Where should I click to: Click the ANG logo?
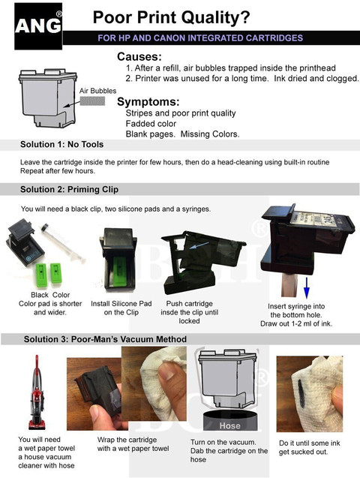tap(38, 26)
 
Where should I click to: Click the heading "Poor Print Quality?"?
tap(171, 17)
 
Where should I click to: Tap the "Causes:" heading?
tap(139, 57)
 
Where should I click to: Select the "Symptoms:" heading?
tap(148, 102)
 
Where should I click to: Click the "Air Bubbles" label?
tap(97, 91)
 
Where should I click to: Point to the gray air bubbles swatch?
tap(92, 101)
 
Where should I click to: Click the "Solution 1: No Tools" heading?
tap(61, 145)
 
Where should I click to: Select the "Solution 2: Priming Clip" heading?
tap(70, 190)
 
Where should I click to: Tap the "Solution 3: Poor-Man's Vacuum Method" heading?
tap(106, 339)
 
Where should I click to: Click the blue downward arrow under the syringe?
tap(307, 288)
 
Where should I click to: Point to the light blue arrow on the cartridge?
tap(199, 245)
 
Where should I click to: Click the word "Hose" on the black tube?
tap(229, 425)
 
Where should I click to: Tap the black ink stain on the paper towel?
tap(301, 393)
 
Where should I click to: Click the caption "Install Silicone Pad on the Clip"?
tap(121, 308)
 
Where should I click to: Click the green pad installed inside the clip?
tap(119, 271)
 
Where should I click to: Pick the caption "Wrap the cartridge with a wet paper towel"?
tap(133, 444)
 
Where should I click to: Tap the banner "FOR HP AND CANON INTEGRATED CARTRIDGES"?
tap(200, 38)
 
